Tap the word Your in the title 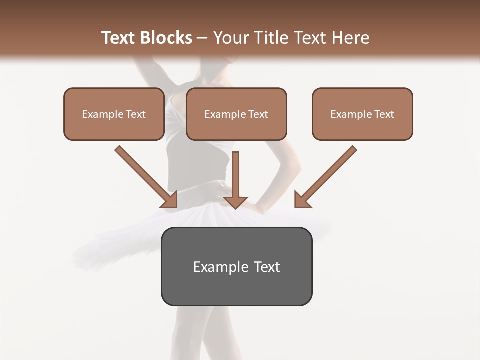(x=231, y=38)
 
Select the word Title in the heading (x=271, y=38)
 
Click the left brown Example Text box (x=114, y=114)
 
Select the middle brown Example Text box (x=236, y=114)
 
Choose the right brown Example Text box (x=362, y=114)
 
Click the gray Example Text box (x=236, y=266)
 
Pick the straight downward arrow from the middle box (x=235, y=175)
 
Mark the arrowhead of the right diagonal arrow (x=302, y=200)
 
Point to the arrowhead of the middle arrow (x=235, y=202)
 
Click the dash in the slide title (x=202, y=38)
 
